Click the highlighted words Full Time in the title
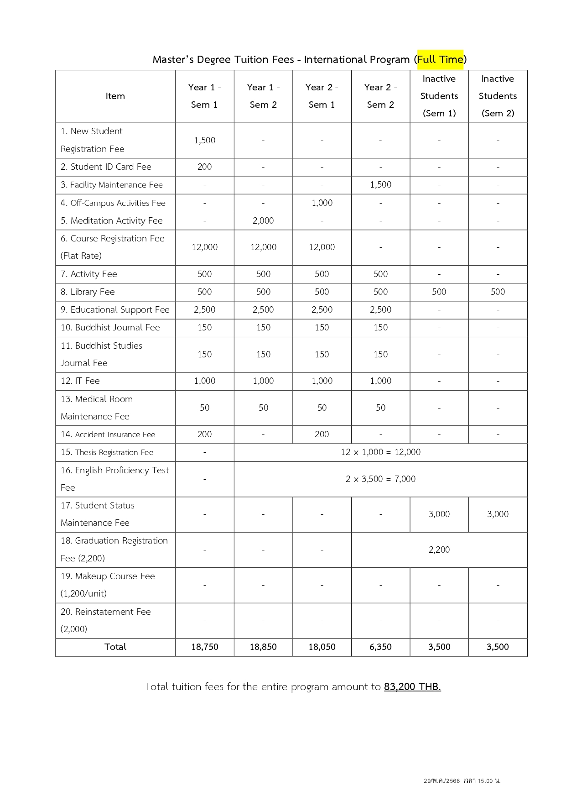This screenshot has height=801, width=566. point(440,59)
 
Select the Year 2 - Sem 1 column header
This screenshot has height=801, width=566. point(322,96)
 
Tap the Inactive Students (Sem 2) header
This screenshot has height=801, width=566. point(498,96)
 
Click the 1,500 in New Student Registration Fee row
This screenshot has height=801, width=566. point(204,140)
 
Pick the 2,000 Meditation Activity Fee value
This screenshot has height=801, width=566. point(263,220)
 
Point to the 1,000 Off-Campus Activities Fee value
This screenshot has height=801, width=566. point(322,203)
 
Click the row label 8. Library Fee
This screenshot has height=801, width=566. point(88,292)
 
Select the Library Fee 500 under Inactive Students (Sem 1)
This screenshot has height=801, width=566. point(439,292)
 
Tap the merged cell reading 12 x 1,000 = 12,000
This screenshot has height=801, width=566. point(380,452)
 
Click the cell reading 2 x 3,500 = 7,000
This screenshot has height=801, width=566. point(380,479)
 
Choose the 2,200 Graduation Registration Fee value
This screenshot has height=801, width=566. point(439,550)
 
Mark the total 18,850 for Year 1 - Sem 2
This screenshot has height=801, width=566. point(263,647)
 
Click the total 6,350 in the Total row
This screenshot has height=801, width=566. point(380,647)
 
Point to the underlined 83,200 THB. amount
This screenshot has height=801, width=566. point(412,686)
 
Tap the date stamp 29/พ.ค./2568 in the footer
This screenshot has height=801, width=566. point(441,781)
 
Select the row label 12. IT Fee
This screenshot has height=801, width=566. point(80,381)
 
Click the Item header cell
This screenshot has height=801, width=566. point(115,96)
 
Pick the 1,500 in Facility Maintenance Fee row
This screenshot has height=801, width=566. point(380,184)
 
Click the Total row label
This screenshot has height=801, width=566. point(115,647)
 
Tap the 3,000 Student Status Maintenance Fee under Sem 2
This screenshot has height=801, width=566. point(498,514)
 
